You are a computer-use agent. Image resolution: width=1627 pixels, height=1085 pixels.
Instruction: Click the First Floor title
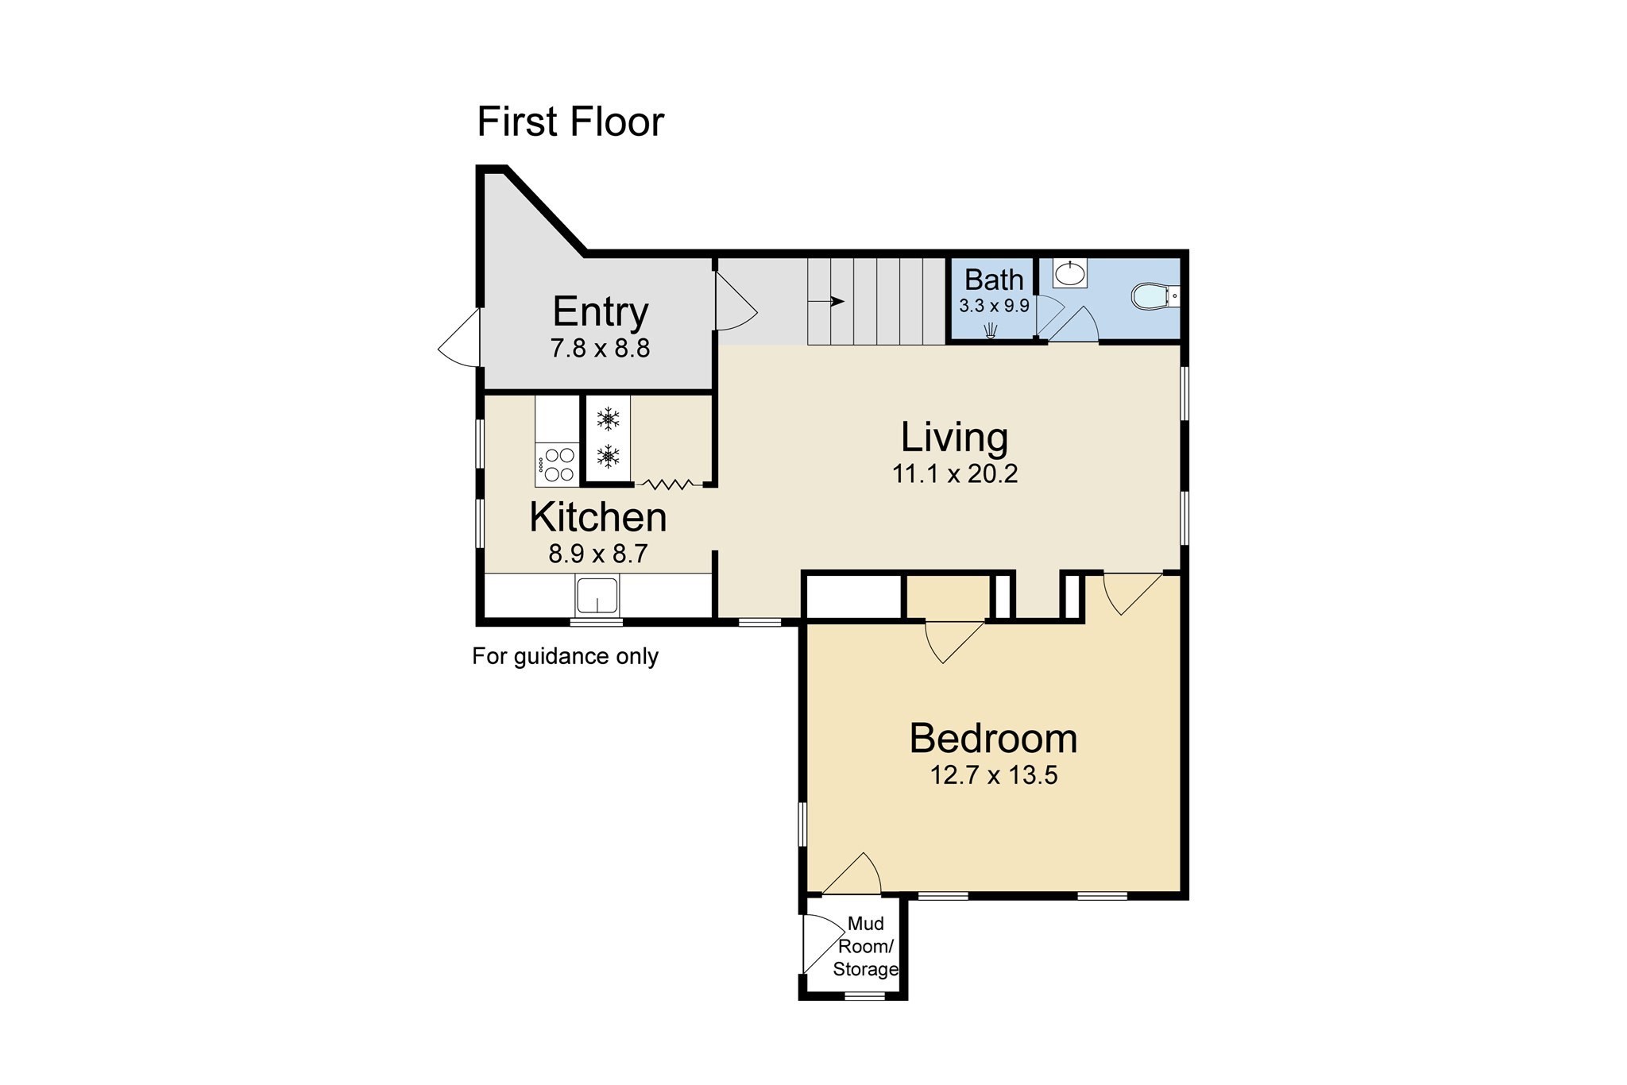[x=570, y=122]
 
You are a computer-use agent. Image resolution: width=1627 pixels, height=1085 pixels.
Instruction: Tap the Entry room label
[x=600, y=311]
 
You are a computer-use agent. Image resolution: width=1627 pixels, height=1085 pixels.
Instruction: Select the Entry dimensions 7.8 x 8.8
[x=600, y=348]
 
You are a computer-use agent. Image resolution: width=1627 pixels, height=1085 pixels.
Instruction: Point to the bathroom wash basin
[x=1069, y=273]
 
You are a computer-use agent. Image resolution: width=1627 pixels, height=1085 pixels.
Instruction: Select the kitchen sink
[x=597, y=596]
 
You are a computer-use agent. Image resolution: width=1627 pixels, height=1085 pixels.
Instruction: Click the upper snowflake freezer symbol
[x=608, y=419]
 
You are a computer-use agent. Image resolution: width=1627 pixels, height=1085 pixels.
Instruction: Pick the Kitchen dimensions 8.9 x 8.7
[x=597, y=554]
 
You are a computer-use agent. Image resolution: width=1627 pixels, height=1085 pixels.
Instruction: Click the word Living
[x=954, y=437]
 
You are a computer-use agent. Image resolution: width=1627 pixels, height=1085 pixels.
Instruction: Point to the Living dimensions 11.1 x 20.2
[x=954, y=474]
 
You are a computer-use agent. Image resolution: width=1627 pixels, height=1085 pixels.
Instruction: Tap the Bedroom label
[x=993, y=739]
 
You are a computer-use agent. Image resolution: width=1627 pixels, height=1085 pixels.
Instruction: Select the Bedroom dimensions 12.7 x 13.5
[x=993, y=775]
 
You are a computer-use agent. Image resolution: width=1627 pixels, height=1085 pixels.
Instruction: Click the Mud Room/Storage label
[x=865, y=946]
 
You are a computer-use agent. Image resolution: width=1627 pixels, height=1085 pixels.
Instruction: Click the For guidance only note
[x=565, y=656]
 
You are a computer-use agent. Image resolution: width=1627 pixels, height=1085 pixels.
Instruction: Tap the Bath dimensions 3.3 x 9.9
[x=994, y=306]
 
